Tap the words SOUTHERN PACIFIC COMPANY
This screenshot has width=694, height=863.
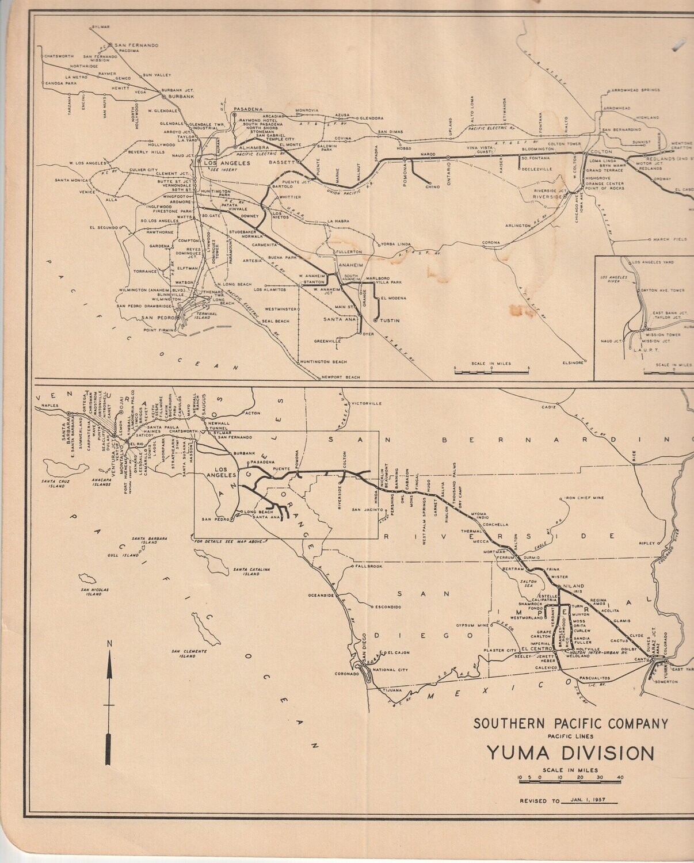[x=570, y=723]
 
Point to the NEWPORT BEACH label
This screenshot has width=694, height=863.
[x=341, y=377]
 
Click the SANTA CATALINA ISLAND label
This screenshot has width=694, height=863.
[x=247, y=571]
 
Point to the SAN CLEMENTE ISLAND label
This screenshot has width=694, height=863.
[x=187, y=654]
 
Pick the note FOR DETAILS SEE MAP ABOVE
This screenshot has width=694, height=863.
[x=227, y=541]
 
